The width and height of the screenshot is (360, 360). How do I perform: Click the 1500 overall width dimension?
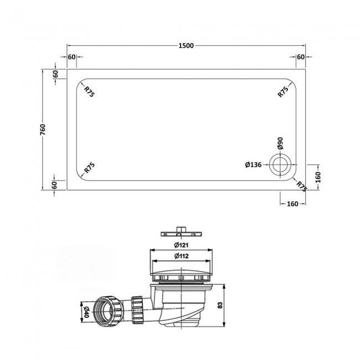tap(186, 45)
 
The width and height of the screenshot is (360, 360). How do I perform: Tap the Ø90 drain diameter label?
tap(281, 145)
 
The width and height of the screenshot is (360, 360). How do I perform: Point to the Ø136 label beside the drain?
tap(254, 164)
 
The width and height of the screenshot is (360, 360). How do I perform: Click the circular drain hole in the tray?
tap(279, 164)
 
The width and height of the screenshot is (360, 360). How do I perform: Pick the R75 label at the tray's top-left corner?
tap(89, 91)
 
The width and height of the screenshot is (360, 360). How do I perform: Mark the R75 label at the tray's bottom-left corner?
tap(89, 168)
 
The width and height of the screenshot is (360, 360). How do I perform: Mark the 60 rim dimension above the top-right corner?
tap(301, 57)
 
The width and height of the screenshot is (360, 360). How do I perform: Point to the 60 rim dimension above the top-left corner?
tap(72, 57)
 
